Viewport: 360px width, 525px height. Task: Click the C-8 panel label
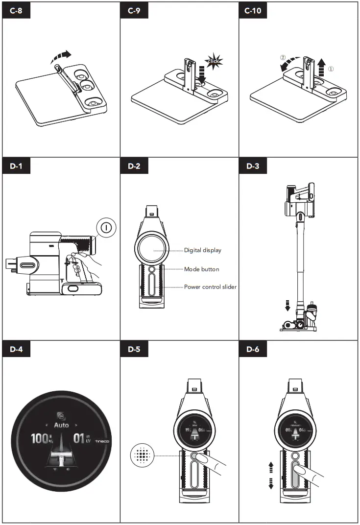click(x=16, y=11)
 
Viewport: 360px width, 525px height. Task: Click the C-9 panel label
click(x=134, y=11)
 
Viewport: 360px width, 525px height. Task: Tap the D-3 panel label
click(x=253, y=166)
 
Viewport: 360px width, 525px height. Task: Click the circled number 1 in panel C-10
click(x=331, y=70)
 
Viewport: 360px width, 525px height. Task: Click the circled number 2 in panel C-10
click(x=283, y=57)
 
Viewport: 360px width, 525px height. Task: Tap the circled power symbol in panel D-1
click(x=106, y=227)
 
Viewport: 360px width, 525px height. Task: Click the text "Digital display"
click(x=203, y=250)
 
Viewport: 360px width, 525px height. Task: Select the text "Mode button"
click(x=201, y=269)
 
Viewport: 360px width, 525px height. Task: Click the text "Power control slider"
click(x=210, y=287)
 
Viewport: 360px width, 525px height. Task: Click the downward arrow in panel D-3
click(x=288, y=305)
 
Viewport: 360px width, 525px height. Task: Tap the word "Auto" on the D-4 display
click(x=61, y=425)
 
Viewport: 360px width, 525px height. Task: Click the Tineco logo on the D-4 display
click(x=101, y=440)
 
